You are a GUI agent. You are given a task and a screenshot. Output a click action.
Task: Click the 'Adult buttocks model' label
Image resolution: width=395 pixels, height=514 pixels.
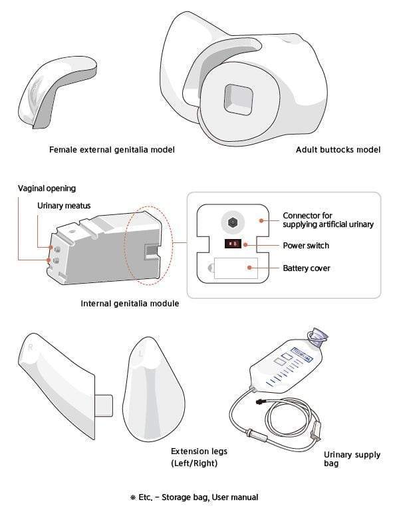(338, 150)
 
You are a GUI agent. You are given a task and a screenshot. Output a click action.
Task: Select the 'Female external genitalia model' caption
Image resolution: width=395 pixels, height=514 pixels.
(112, 150)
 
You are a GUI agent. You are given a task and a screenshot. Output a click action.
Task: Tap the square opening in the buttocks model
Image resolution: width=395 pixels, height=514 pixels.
(238, 99)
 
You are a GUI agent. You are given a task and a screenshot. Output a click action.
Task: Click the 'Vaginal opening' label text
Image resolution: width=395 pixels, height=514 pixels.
(47, 188)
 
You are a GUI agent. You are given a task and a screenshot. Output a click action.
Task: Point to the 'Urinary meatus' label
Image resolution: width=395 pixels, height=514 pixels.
(64, 206)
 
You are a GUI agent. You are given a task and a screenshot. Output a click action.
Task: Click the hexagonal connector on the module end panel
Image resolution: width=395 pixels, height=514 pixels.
(233, 222)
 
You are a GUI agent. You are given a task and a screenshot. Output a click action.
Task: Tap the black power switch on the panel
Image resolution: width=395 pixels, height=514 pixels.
(233, 244)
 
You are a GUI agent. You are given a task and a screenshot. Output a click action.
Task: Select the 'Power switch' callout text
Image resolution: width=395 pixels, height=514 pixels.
(306, 246)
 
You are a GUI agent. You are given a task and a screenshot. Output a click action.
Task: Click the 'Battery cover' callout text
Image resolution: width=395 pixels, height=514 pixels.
(307, 268)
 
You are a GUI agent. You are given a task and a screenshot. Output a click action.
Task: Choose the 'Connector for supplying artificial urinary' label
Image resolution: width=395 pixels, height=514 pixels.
(328, 220)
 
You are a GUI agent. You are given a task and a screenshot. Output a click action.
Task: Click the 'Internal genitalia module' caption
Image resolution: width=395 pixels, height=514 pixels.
(130, 304)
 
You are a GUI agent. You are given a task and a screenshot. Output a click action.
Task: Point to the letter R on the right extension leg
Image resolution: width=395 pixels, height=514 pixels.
(31, 347)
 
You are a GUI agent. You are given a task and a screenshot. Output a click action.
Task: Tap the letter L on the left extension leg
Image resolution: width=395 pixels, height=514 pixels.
(141, 354)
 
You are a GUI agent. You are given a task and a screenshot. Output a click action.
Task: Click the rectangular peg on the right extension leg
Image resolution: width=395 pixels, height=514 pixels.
(104, 405)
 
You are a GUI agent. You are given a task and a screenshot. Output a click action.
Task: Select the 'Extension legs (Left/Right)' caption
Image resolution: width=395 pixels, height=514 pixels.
(199, 457)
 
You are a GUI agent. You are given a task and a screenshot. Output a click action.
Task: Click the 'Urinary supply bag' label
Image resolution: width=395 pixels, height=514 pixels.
(352, 459)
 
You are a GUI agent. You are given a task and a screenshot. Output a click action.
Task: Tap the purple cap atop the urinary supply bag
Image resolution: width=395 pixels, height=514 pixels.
(317, 337)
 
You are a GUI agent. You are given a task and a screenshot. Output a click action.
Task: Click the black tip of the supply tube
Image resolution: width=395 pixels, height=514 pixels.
(261, 401)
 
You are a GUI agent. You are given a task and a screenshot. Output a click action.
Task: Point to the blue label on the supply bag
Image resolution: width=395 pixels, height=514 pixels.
(302, 355)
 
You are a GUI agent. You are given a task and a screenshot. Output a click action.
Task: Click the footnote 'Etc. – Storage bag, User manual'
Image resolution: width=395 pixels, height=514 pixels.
(194, 497)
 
